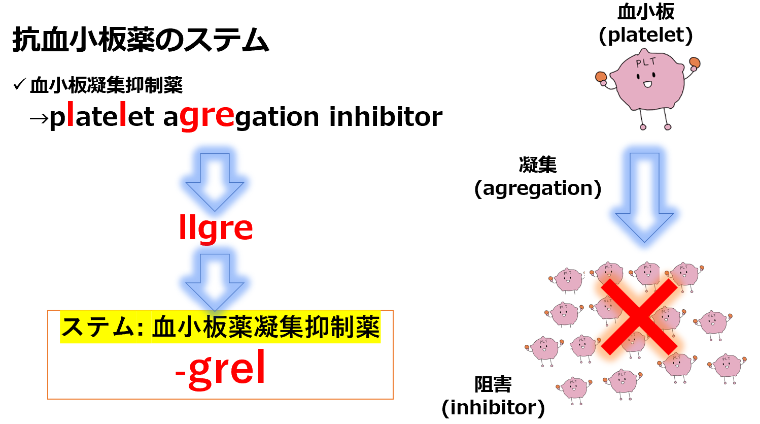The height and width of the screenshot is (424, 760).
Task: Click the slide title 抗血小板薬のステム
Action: pyautogui.click(x=141, y=40)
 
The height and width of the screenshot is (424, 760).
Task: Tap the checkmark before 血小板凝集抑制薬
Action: pyautogui.click(x=20, y=85)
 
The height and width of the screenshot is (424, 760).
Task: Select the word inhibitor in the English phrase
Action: pyautogui.click(x=386, y=117)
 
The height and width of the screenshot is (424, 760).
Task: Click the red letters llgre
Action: pyautogui.click(x=216, y=228)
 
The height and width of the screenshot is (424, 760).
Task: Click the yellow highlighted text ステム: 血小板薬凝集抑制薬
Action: pyautogui.click(x=220, y=327)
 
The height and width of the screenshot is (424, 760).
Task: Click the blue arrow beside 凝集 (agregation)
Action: pyautogui.click(x=644, y=195)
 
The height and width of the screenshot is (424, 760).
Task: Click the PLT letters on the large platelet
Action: pyautogui.click(x=646, y=63)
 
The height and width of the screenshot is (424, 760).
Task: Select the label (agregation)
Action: pyautogui.click(x=538, y=188)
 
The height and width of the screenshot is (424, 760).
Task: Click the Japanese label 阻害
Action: pyautogui.click(x=493, y=384)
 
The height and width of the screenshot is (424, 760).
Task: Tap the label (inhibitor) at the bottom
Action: pyautogui.click(x=493, y=407)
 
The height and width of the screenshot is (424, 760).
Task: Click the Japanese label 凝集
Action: pyautogui.click(x=538, y=165)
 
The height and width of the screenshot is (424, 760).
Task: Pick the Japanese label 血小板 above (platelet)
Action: pyautogui.click(x=646, y=12)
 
